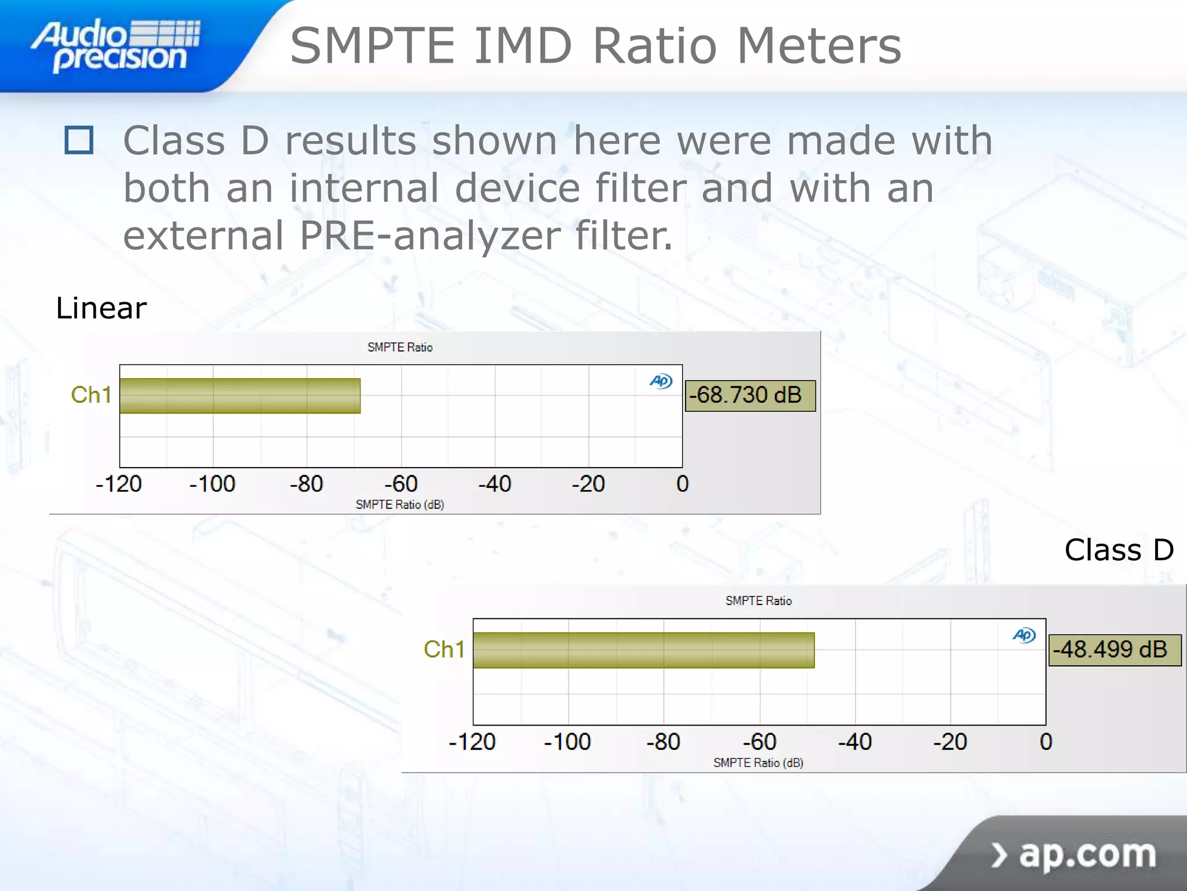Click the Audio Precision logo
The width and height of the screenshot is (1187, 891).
point(116,45)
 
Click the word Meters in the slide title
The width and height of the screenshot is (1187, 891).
point(818,46)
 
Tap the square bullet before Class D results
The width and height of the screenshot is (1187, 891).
point(79,140)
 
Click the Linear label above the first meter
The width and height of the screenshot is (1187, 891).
point(101,307)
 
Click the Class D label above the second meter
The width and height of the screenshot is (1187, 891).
point(1119,549)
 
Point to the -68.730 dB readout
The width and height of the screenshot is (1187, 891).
point(750,396)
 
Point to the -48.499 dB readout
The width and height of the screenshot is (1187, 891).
point(1114,650)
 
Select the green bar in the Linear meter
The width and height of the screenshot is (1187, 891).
point(240,396)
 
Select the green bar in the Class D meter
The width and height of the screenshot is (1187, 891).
point(643,650)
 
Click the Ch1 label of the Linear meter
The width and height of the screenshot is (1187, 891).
point(91,395)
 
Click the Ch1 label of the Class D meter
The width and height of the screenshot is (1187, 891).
point(444,649)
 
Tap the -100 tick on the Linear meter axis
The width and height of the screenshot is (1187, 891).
point(212,484)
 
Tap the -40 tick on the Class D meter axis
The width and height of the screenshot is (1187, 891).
point(855,742)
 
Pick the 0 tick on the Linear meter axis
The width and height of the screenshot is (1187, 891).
point(682,484)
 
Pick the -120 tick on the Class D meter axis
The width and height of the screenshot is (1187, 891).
point(472,742)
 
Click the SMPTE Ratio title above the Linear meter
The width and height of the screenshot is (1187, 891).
point(400,347)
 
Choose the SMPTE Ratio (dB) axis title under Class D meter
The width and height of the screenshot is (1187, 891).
point(758,763)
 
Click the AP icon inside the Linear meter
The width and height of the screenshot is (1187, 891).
point(661,381)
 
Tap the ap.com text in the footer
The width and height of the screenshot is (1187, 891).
point(1087,854)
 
